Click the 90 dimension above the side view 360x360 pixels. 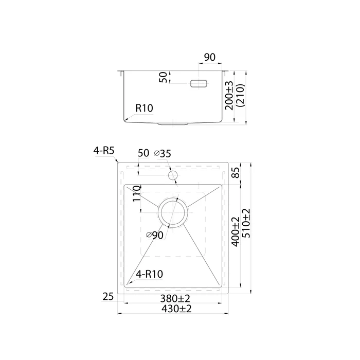coord(210,57)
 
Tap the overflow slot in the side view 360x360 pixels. coord(199,83)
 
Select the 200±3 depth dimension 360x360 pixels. coord(229,96)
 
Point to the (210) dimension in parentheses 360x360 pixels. coord(241,96)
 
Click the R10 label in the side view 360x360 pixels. coord(144,108)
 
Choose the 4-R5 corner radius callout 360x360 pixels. coord(104,151)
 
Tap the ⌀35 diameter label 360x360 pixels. coord(163,153)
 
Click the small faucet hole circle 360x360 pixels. coord(173,176)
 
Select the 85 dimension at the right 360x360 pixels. coord(236,172)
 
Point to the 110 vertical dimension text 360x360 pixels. coord(137,193)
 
